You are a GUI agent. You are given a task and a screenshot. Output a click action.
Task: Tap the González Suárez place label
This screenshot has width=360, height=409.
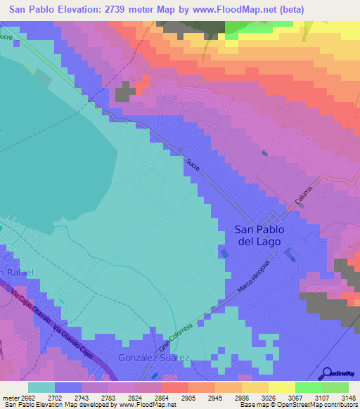pos(154,358)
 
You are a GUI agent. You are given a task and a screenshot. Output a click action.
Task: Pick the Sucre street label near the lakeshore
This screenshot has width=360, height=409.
pos(193,167)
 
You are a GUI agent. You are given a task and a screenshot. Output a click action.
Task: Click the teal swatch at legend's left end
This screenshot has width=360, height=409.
pos(41,387)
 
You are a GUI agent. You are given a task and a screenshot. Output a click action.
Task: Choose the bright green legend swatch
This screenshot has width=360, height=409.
pos(308,387)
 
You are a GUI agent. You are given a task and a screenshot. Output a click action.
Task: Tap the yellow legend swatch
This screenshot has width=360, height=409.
pos(281,387)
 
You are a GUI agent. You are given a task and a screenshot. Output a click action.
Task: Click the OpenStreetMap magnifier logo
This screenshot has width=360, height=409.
pos(327,373)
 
